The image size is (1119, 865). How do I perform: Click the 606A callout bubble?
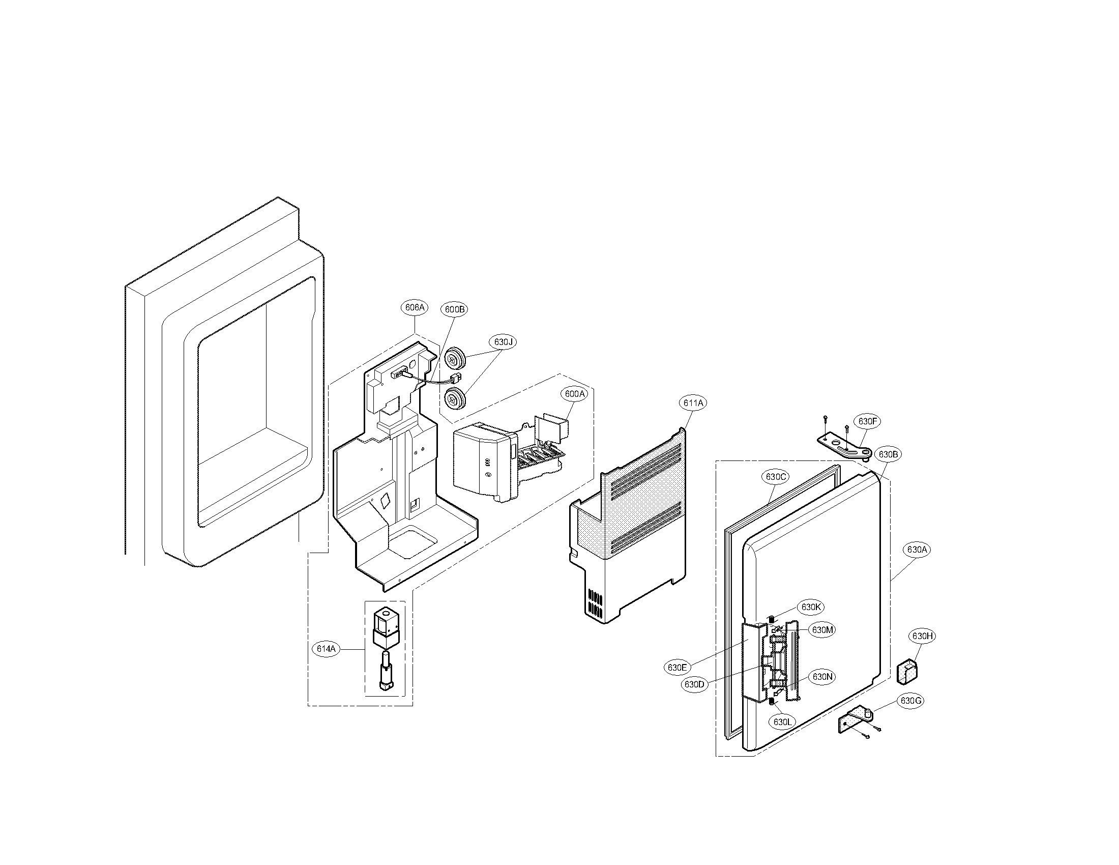tap(415, 307)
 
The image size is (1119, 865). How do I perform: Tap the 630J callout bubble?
tap(503, 342)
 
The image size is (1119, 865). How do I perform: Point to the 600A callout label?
tap(574, 394)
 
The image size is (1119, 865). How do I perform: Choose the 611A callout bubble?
tap(693, 403)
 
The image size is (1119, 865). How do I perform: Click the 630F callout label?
tap(868, 421)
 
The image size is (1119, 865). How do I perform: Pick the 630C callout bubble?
tap(776, 477)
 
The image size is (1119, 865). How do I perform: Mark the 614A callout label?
tap(326, 649)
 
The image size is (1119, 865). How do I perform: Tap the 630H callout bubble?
tap(922, 637)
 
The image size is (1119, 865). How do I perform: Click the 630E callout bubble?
tap(677, 668)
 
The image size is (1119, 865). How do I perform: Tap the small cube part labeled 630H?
tap(907, 672)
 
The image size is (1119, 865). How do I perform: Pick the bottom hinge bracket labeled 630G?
tap(856, 719)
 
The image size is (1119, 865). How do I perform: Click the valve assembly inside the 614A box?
tap(386, 647)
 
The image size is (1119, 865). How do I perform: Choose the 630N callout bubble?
tap(822, 677)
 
